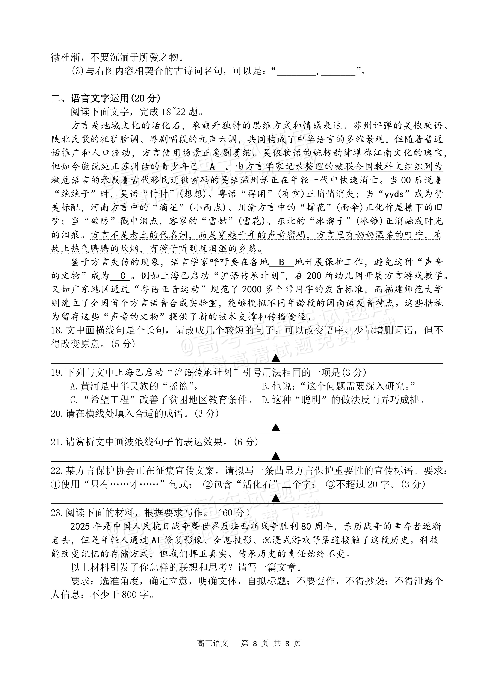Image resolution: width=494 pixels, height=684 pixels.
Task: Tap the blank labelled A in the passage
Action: click(x=212, y=166)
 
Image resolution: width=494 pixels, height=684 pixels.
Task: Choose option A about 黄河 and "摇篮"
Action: click(x=134, y=386)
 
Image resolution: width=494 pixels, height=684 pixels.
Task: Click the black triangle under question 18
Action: click(x=276, y=358)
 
